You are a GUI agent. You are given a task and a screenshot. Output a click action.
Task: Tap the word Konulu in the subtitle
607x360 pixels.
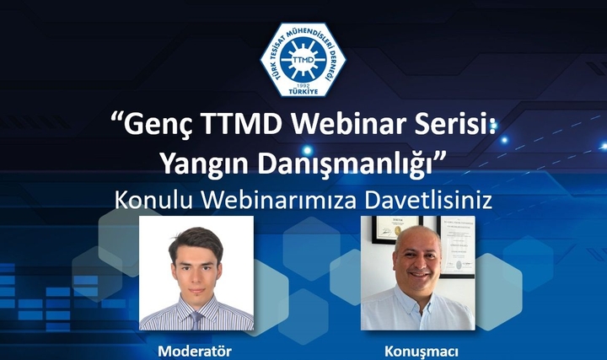point(153,200)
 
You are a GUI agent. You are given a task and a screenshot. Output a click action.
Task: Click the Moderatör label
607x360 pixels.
point(196,349)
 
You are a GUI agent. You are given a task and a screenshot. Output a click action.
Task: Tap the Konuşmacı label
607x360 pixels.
point(417,349)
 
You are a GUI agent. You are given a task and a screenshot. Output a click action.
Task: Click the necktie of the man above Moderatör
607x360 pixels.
point(196,320)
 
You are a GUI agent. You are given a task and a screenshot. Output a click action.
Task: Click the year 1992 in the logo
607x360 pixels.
point(302,84)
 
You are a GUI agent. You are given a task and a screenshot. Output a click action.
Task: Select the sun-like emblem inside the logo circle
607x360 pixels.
point(302,57)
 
